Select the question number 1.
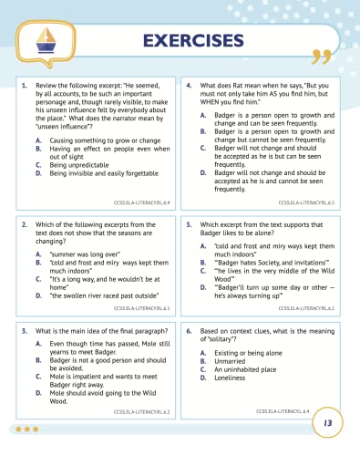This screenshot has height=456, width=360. (x=24, y=85)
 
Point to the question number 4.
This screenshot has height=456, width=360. (x=188, y=85)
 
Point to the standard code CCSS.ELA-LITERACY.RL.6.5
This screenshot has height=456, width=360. (x=306, y=201)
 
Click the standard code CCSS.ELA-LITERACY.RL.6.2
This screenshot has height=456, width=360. (x=142, y=411)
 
